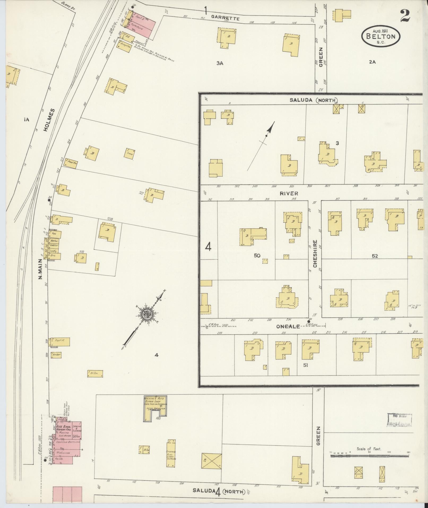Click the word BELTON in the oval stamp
(380, 36)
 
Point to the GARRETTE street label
(225, 18)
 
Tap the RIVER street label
(289, 193)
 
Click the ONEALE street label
(288, 326)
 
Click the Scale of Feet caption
(369, 449)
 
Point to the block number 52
(375, 256)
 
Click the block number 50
(257, 255)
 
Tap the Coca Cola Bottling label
(67, 442)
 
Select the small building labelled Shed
(130, 153)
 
